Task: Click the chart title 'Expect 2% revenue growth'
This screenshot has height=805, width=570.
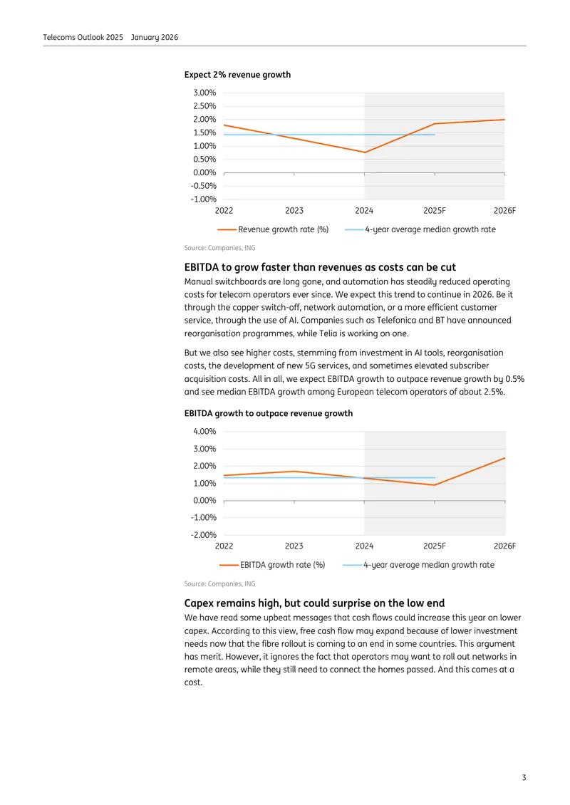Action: [237, 74]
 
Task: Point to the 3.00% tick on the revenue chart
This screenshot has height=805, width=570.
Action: [204, 93]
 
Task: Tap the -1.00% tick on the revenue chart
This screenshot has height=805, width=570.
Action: [203, 199]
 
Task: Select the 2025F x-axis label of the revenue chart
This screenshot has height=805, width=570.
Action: [435, 210]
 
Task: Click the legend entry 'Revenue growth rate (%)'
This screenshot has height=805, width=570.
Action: [273, 229]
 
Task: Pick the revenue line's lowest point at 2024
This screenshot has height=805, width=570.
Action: [365, 152]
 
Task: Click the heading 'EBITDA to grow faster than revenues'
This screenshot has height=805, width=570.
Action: [320, 267]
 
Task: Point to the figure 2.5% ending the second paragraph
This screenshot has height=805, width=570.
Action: [494, 392]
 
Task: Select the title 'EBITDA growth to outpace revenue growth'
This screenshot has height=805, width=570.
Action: [269, 413]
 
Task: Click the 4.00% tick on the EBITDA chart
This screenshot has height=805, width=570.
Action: [204, 431]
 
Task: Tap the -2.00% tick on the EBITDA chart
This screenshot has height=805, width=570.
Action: [203, 535]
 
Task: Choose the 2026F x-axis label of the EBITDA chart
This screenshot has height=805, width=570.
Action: [504, 546]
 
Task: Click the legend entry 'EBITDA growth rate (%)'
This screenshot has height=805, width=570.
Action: [272, 565]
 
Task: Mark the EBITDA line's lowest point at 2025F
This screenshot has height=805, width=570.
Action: [435, 485]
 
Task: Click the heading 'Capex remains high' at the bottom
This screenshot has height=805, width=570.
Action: [314, 603]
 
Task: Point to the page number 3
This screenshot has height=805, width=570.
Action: [524, 777]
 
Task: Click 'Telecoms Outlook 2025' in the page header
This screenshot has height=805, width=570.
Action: [83, 37]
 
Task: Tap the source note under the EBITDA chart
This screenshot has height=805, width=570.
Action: [219, 583]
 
